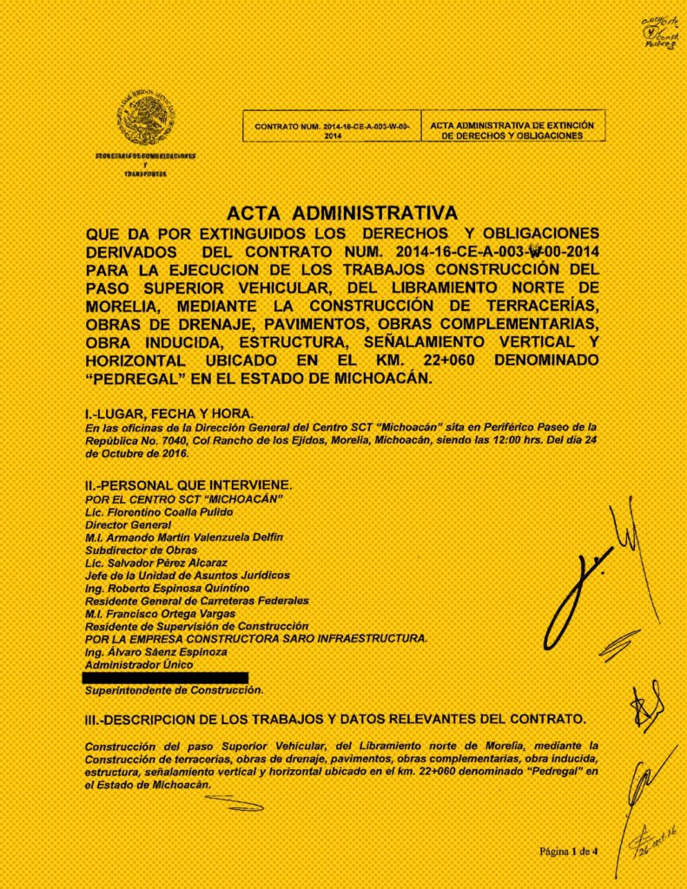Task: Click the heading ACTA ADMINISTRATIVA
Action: (x=341, y=213)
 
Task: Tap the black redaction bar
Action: (x=165, y=676)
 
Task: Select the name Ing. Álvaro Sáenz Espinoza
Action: (x=157, y=651)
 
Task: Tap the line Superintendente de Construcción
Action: (x=173, y=690)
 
